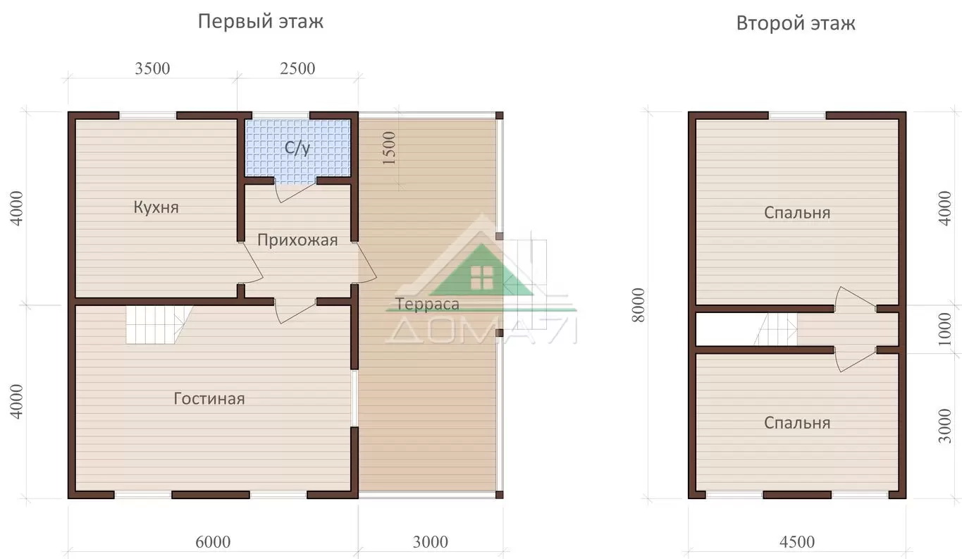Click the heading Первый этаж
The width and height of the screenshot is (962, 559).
tap(260, 21)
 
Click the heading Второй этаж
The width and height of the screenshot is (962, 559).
tap(796, 23)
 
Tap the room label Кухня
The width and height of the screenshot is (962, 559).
tap(156, 207)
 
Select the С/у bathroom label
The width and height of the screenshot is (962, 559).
tap(297, 148)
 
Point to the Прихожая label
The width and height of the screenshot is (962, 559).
tap(297, 240)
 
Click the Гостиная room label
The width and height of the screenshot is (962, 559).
tap(209, 399)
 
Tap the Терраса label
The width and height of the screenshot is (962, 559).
tap(427, 305)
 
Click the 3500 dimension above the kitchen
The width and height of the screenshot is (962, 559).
tap(152, 69)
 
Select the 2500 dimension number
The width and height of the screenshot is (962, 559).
tap(297, 69)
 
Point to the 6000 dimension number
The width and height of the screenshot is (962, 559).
tap(213, 542)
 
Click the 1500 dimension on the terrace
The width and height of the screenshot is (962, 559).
tap(388, 148)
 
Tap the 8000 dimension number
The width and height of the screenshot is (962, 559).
tap(639, 305)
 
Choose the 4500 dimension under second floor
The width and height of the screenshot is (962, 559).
tap(797, 542)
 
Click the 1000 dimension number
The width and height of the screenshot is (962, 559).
tap(945, 329)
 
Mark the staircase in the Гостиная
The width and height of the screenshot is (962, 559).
tap(159, 324)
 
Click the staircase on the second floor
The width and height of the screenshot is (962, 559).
tap(776, 328)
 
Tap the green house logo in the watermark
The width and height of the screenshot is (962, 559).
tap(482, 271)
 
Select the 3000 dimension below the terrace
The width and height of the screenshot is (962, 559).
tap(431, 542)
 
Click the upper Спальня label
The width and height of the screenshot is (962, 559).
tap(797, 213)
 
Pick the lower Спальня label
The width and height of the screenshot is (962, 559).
tap(797, 423)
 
